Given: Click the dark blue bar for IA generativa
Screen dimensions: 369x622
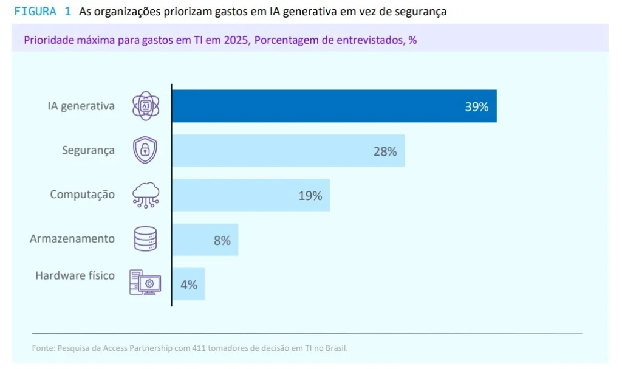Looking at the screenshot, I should coord(334,106).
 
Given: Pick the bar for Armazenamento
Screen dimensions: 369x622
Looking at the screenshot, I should coord(205,240).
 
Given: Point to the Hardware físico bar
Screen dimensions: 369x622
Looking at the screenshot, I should coord(188,284).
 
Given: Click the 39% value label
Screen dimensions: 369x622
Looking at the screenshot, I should coord(477,107).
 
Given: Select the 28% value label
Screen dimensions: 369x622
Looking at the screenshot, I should coord(385,151).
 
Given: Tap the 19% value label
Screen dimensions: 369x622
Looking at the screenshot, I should coord(310,196).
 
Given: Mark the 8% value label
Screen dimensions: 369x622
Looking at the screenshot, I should coord(222,241).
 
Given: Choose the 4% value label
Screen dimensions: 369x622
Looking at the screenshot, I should coord(189,285).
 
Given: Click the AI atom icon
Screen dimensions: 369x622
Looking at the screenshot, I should coord(146,106).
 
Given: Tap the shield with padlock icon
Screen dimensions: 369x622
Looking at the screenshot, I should coord(145,150).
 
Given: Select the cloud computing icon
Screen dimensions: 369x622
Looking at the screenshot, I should coord(146,195).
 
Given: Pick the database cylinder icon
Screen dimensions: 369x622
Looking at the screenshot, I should coord(146,239).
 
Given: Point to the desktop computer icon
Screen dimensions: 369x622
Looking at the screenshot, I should coord(145,283).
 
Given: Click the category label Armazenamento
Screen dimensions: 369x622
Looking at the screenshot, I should coord(72,239).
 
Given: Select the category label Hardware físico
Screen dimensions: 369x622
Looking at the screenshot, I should coord(75,275).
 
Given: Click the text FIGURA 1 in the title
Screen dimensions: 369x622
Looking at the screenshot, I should coord(42,12).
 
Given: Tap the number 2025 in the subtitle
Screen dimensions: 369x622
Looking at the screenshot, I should coord(235,41).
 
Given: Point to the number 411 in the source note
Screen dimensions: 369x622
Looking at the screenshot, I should coord(199,348).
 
